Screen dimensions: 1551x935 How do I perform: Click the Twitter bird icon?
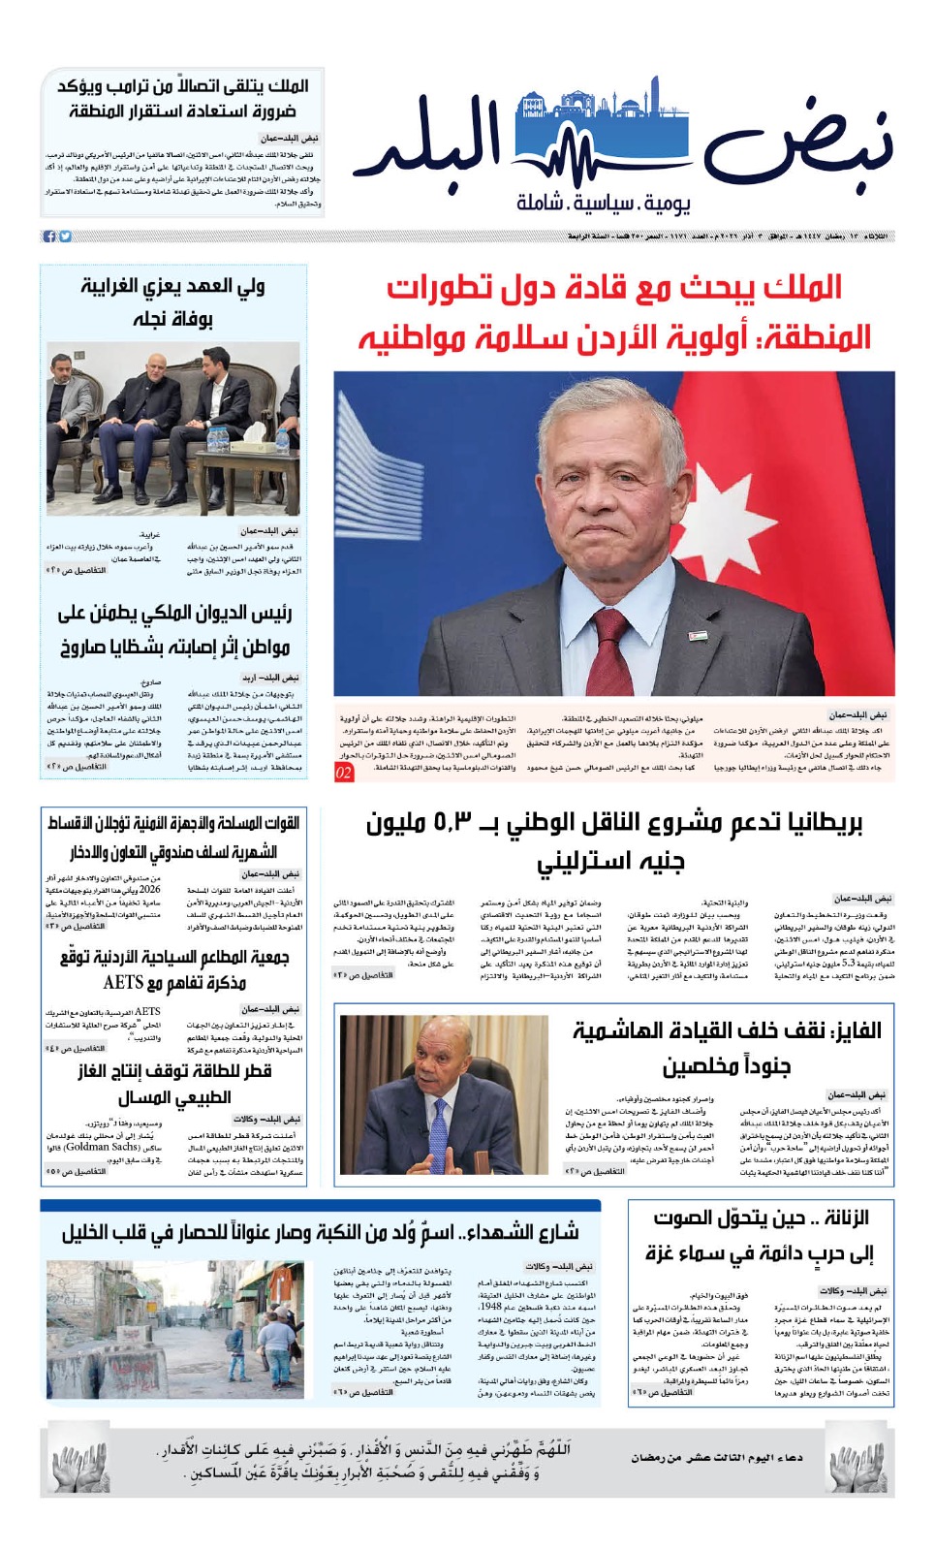coord(65,237)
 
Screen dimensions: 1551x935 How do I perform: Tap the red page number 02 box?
coord(344,772)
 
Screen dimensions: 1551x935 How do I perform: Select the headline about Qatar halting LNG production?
coord(174,1084)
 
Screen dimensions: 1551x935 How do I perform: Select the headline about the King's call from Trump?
coord(184,99)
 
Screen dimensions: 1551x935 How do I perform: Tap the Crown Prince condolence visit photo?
coord(172,427)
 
